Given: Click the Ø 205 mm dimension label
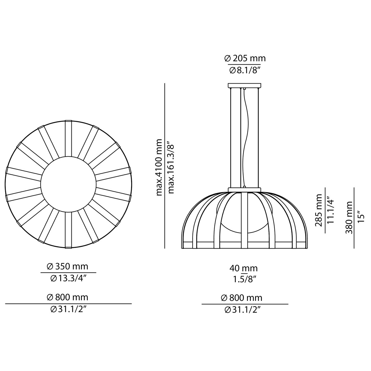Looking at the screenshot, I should (245, 58).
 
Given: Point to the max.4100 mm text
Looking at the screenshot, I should (159, 167).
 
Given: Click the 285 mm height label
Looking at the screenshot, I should (319, 210).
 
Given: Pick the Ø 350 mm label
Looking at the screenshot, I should (67, 266).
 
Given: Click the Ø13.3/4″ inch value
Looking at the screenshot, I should (68, 279).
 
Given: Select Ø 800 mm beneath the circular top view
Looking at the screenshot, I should (67, 297).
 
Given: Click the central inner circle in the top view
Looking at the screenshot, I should (68, 184).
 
